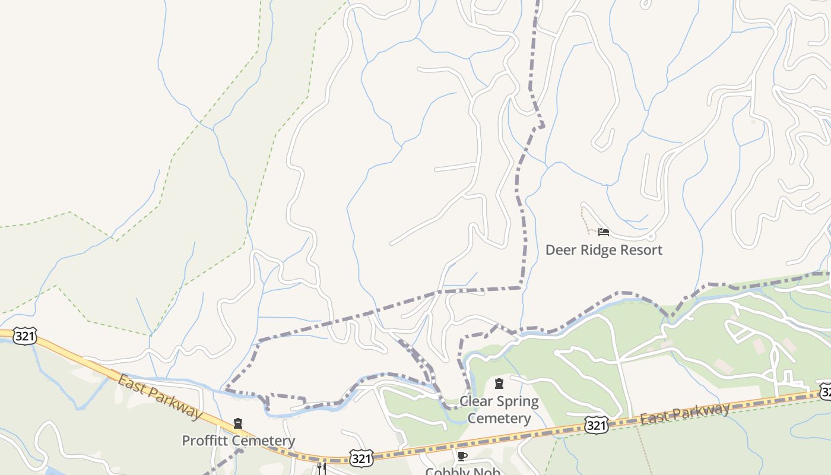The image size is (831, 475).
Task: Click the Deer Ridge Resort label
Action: (604, 250)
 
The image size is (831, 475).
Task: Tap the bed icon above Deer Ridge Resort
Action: (604, 232)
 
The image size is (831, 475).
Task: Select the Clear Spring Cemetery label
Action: (499, 410)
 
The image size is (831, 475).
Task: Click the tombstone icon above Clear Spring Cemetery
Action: (499, 384)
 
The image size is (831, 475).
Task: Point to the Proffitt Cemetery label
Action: (238, 441)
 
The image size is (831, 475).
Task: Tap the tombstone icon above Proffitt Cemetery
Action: (238, 423)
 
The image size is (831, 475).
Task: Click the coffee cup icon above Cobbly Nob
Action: (462, 456)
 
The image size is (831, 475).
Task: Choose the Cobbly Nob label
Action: (462, 471)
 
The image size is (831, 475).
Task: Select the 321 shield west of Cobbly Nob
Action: (361, 458)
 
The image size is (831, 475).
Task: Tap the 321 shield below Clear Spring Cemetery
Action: (596, 425)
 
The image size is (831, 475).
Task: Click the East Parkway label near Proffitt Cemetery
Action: (159, 397)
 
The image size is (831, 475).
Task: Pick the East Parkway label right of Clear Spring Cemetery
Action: (684, 414)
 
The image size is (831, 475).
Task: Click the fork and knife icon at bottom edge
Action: (321, 468)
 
